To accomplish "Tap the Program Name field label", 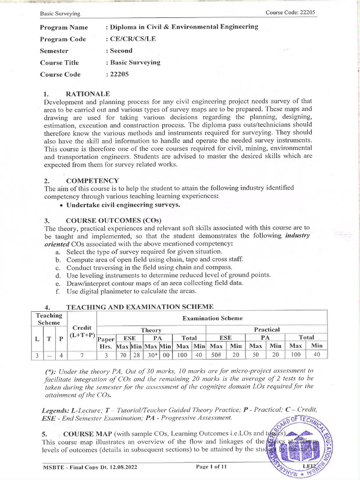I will pyautogui.click(x=64, y=27).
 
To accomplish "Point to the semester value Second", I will pyautogui.click(x=121, y=51).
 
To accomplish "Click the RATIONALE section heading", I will pyautogui.click(x=88, y=94).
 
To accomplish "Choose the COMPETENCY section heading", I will pyautogui.click(x=92, y=180).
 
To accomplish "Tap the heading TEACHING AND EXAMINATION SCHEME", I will pyautogui.click(x=140, y=307).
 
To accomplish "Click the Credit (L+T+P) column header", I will pyautogui.click(x=82, y=331).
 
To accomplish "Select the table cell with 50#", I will pyautogui.click(x=216, y=355).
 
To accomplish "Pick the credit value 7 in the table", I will pyautogui.click(x=82, y=355).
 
